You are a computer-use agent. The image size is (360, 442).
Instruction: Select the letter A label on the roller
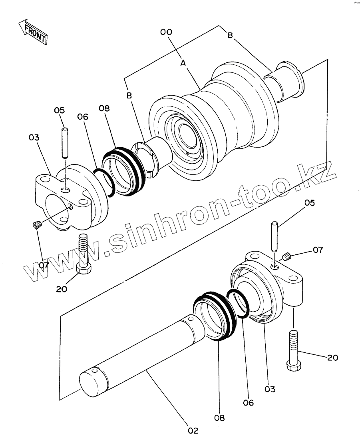click(x=183, y=63)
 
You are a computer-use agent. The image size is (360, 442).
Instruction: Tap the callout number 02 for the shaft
click(x=193, y=430)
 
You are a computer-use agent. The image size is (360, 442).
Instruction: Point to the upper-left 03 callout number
click(x=34, y=138)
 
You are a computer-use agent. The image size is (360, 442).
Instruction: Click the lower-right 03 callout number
click(x=270, y=388)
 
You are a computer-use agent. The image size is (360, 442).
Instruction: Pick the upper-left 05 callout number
click(x=60, y=110)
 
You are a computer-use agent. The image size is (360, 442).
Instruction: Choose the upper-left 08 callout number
click(x=104, y=108)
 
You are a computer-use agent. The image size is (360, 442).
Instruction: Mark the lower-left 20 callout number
click(x=62, y=289)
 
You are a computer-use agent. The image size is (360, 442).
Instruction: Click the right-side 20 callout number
click(x=332, y=358)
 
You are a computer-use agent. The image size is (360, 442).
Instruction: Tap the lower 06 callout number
click(x=249, y=403)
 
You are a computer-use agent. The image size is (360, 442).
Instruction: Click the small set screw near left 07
click(x=37, y=226)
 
